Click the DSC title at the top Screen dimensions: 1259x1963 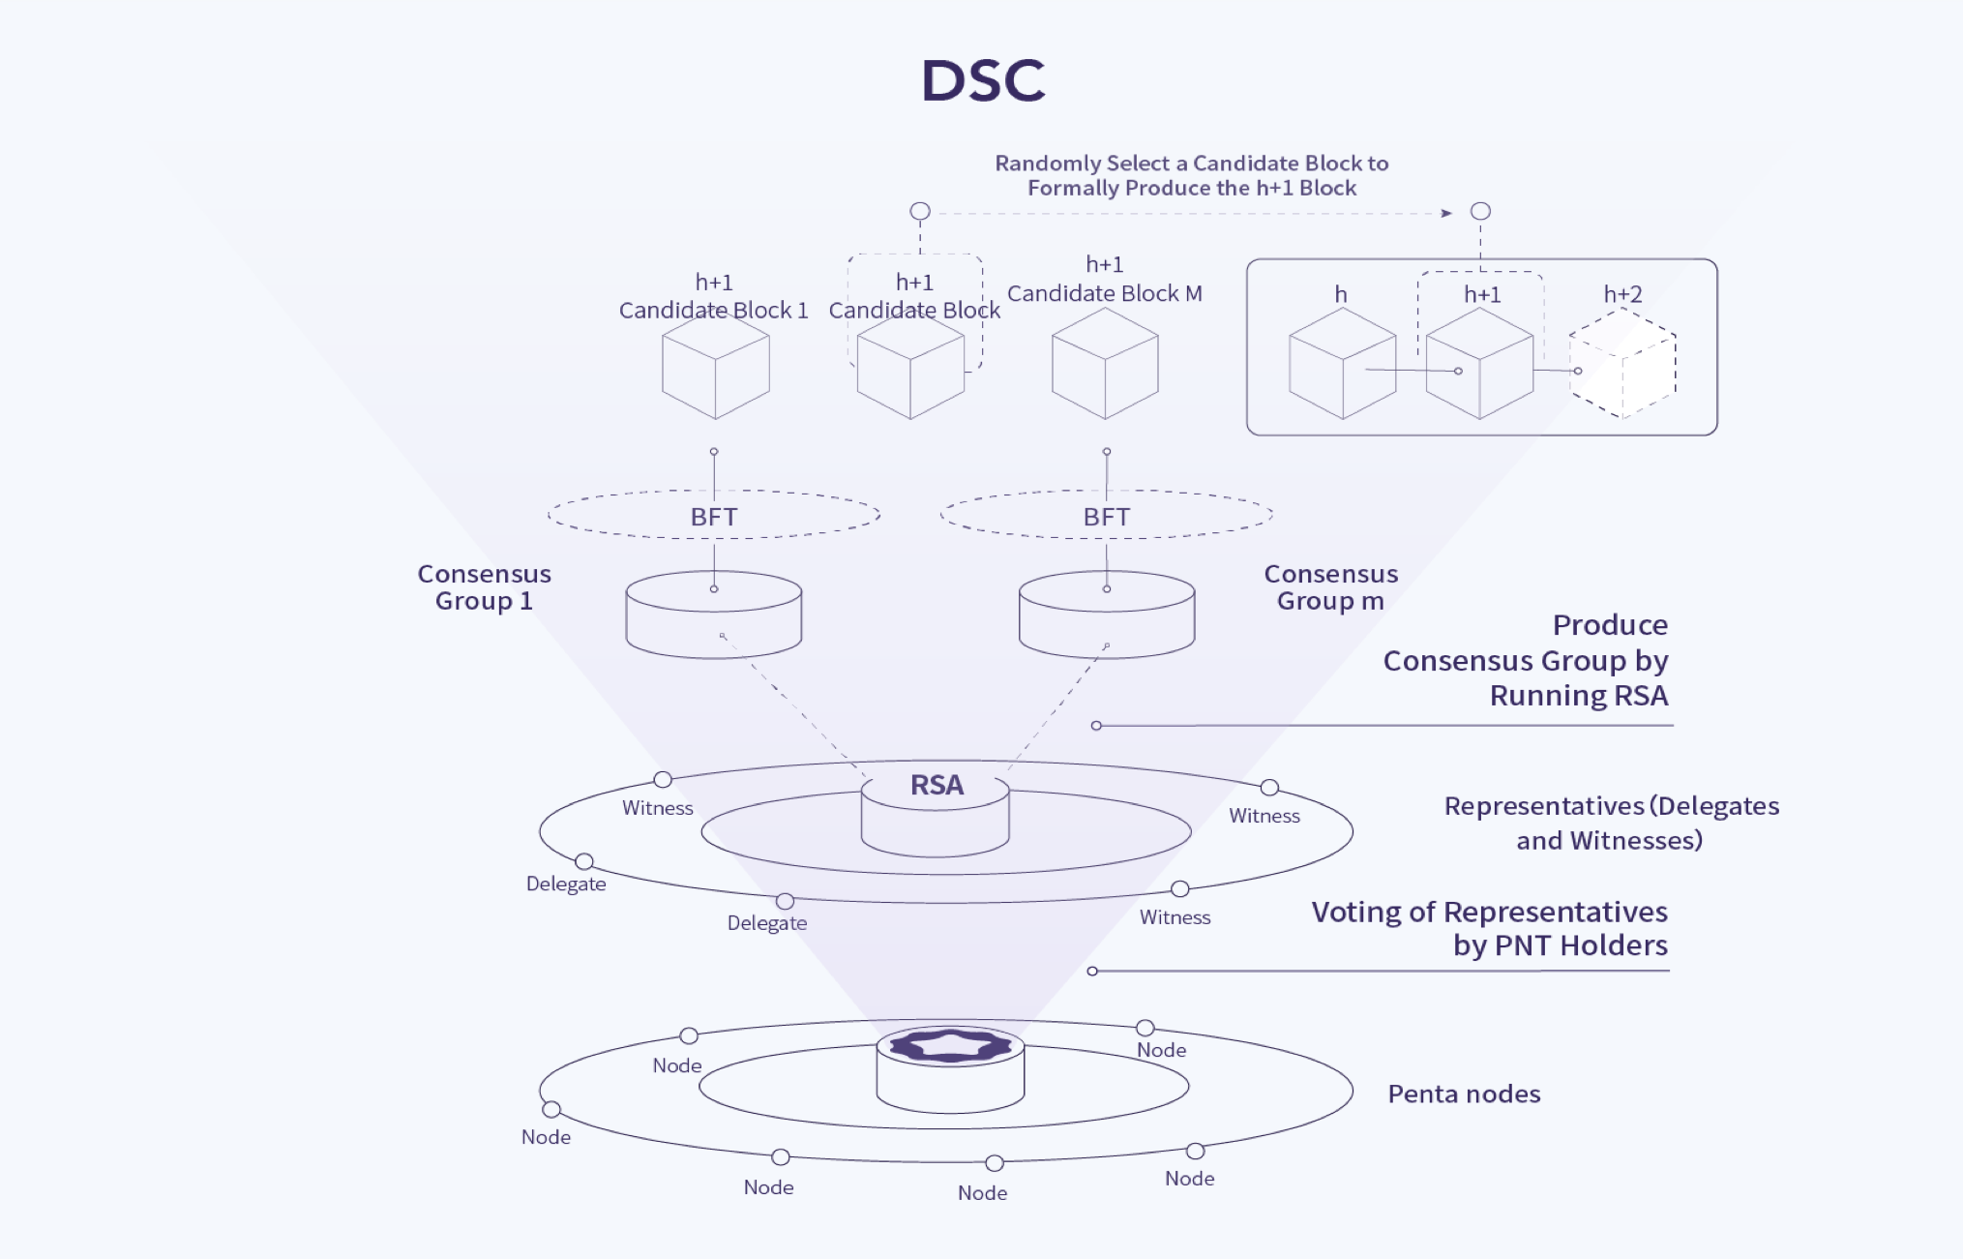pyautogui.click(x=982, y=80)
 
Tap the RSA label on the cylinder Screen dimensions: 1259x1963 pyautogui.click(x=937, y=785)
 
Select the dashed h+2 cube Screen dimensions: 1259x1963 pyautogui.click(x=1622, y=365)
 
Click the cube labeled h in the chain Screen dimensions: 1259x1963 pyautogui.click(x=1342, y=365)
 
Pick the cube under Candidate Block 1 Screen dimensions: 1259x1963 pyautogui.click(x=715, y=368)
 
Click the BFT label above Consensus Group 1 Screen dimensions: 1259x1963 pyautogui.click(x=714, y=517)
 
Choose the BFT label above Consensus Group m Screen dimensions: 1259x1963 pyautogui.click(x=1106, y=517)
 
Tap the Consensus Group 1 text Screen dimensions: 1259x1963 pyautogui.click(x=484, y=587)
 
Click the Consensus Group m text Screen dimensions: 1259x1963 pyautogui.click(x=1330, y=587)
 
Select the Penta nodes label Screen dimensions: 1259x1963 pyautogui.click(x=1464, y=1094)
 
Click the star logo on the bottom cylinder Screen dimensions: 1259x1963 pyautogui.click(x=950, y=1045)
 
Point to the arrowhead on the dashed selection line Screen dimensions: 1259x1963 pyautogui.click(x=1446, y=213)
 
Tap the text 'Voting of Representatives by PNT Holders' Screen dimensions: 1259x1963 pyautogui.click(x=1489, y=928)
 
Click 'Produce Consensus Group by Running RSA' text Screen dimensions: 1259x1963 pyautogui.click(x=1526, y=660)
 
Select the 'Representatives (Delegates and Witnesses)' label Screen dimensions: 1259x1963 pyautogui.click(x=1611, y=823)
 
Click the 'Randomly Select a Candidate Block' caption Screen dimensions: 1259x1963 pyautogui.click(x=1192, y=175)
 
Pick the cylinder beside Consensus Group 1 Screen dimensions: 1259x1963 pyautogui.click(x=714, y=616)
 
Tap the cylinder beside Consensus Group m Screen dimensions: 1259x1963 pyautogui.click(x=1106, y=616)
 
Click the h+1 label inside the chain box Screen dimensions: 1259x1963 pyautogui.click(x=1482, y=294)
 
